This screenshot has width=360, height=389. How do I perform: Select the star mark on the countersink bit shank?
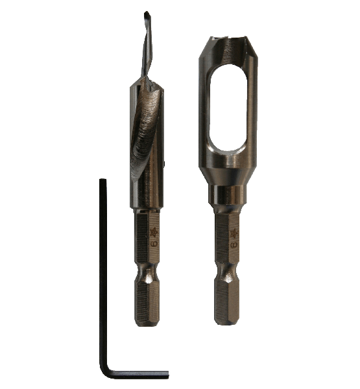[154, 231]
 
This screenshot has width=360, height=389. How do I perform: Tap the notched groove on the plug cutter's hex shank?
[229, 276]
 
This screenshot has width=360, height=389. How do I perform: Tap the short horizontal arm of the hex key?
[139, 373]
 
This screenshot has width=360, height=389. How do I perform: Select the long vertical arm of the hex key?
[103, 272]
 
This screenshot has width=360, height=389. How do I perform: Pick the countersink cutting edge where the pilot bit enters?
[147, 82]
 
